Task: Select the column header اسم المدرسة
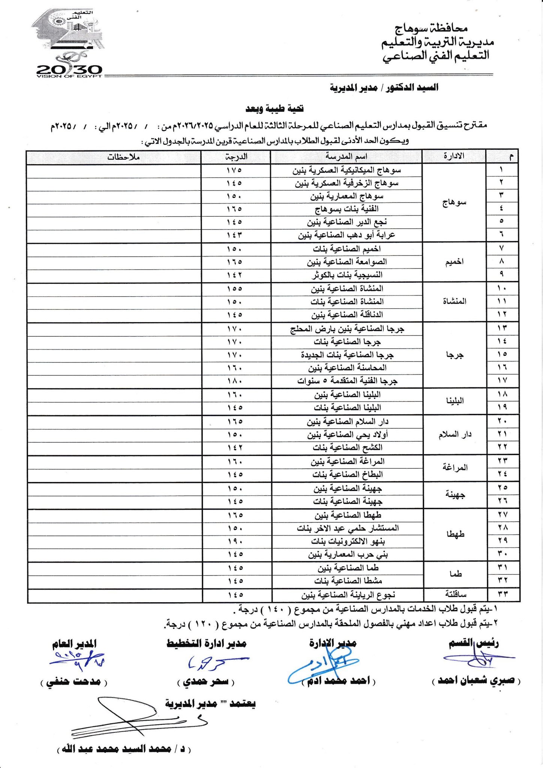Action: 346,156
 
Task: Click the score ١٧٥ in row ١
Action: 235,170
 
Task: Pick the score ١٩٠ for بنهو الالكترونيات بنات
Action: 235,541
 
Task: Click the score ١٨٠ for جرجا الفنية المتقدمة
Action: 235,381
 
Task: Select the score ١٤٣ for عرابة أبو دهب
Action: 235,235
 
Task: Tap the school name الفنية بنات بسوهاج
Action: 346,209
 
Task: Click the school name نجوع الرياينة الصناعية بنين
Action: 349,595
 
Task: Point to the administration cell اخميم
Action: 454,261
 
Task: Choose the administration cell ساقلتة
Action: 455,594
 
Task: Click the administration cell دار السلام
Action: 455,434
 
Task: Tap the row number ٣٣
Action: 502,594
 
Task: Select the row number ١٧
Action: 502,381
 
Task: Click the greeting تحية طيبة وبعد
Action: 274,109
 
